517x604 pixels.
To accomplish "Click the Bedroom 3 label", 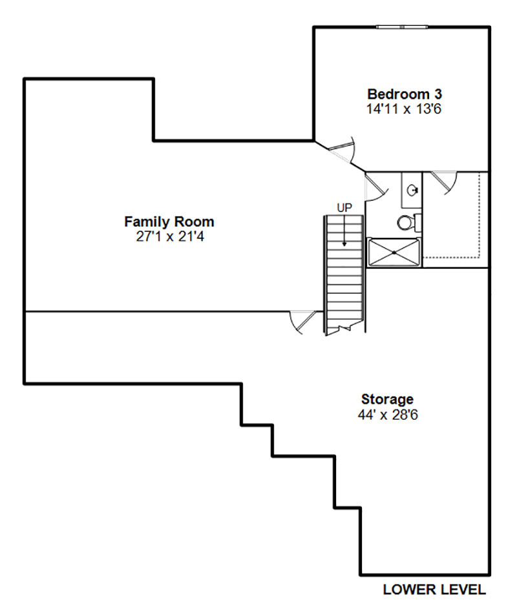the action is (404, 94).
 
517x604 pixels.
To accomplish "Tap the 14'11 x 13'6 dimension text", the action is (403, 109).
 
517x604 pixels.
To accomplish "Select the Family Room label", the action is (169, 222).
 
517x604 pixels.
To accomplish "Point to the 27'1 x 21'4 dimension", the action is (170, 236).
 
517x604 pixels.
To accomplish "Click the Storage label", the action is (387, 399).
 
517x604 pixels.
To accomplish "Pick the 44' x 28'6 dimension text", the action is (388, 415).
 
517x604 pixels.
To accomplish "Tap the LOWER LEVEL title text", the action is (434, 590).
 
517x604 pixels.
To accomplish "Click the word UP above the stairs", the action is (344, 208).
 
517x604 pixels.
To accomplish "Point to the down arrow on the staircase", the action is (344, 231).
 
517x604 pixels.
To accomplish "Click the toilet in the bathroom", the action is (408, 223).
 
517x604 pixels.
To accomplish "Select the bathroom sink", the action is (413, 191).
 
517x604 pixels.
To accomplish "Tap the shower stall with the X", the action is (394, 253).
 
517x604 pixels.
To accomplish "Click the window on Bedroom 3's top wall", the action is (402, 27).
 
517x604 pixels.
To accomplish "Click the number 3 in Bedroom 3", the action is (438, 94).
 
